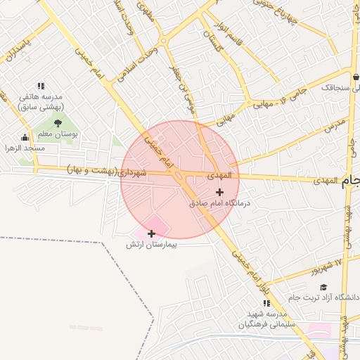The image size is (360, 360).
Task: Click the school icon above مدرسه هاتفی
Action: (41, 86)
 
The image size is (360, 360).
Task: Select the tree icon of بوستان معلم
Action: (58, 123)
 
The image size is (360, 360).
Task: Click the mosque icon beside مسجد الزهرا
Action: (26, 138)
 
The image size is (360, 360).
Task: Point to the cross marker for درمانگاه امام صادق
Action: (220, 192)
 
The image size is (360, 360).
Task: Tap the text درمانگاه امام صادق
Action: (220, 202)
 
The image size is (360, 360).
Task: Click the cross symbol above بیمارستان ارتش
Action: (151, 233)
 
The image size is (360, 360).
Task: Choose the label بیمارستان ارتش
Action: (150, 244)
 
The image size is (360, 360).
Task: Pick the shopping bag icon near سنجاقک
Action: (356, 77)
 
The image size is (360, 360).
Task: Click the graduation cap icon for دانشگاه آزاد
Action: (323, 287)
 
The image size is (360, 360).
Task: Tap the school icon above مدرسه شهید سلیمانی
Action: (266, 302)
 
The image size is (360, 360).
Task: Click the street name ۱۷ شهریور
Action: (328, 265)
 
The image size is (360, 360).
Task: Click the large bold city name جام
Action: (351, 184)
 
